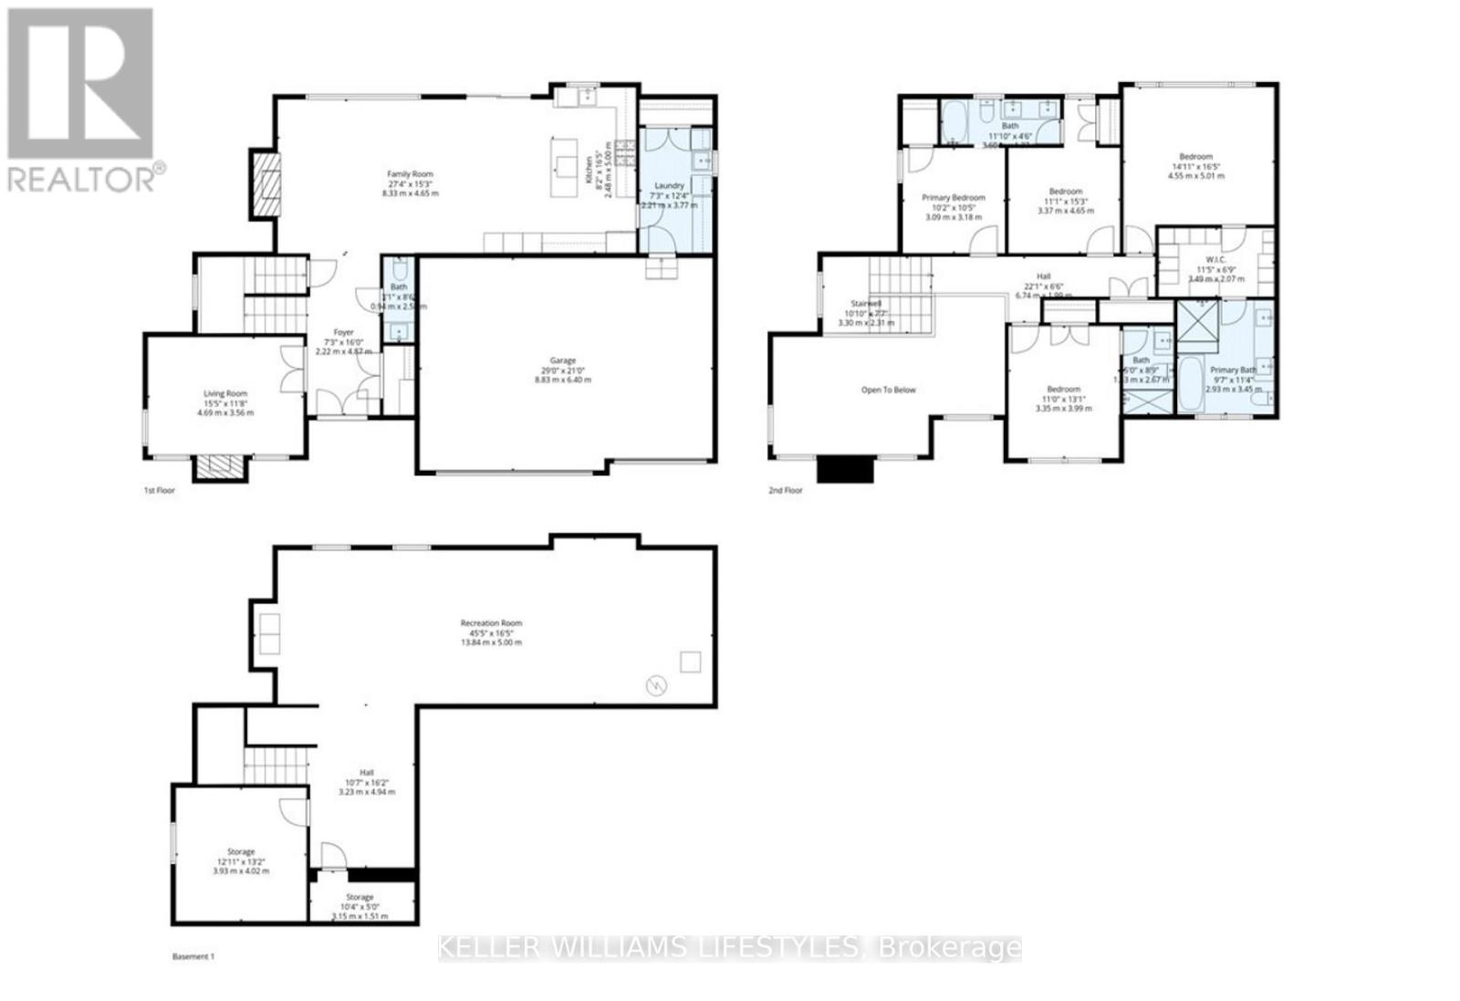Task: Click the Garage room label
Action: coord(562,360)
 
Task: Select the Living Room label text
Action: coord(224,393)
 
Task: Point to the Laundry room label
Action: coord(669,185)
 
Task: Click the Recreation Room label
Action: coord(491,623)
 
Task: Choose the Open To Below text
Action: coord(888,390)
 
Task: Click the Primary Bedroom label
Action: coord(954,197)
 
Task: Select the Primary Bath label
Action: coord(1233,370)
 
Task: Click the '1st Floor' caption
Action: coord(159,490)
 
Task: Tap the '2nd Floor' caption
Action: coord(785,490)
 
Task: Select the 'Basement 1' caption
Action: coord(193,956)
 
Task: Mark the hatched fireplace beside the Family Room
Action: coord(266,182)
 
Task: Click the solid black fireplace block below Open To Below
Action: coord(845,469)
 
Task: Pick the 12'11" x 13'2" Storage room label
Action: coord(241,851)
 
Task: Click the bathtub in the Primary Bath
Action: coord(1190,387)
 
